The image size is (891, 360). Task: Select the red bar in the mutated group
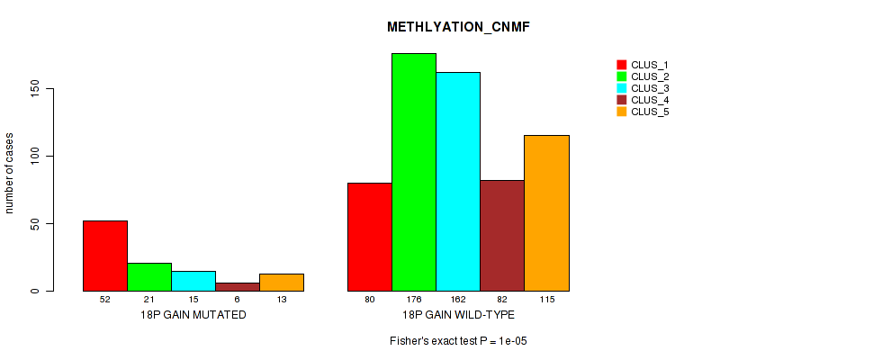[105, 256]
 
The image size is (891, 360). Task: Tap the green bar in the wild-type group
[414, 172]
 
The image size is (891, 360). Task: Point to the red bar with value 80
[370, 237]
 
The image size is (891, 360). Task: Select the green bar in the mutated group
[149, 276]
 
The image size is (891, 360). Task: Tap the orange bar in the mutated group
[282, 282]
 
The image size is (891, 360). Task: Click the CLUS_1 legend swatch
[621, 65]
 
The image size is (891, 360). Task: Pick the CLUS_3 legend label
[650, 88]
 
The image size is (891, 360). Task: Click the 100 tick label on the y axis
[35, 157]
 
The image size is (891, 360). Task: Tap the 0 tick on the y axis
[35, 291]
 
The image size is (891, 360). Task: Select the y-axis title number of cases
[11, 170]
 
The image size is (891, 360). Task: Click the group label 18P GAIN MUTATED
[193, 315]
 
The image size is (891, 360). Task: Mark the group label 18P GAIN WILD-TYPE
[458, 315]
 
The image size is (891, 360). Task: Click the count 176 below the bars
[414, 300]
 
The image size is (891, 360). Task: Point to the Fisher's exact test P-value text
[458, 342]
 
